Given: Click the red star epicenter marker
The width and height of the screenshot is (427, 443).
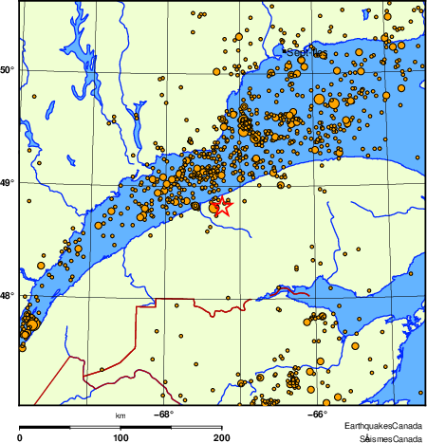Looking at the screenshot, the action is coord(223,209).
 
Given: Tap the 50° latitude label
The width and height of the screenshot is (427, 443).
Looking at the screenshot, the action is coord(9,70).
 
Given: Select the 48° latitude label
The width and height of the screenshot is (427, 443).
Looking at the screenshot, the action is coord(9,296).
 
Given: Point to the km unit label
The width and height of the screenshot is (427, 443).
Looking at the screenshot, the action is coord(121,416).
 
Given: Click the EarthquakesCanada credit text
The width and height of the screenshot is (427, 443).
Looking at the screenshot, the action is coord(383,424).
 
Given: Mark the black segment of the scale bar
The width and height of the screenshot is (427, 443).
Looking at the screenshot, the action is coord(71,428).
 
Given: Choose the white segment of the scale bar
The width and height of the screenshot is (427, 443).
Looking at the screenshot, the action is coord(172,428).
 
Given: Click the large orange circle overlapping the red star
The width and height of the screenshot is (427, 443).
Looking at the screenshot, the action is coord(215,206).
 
